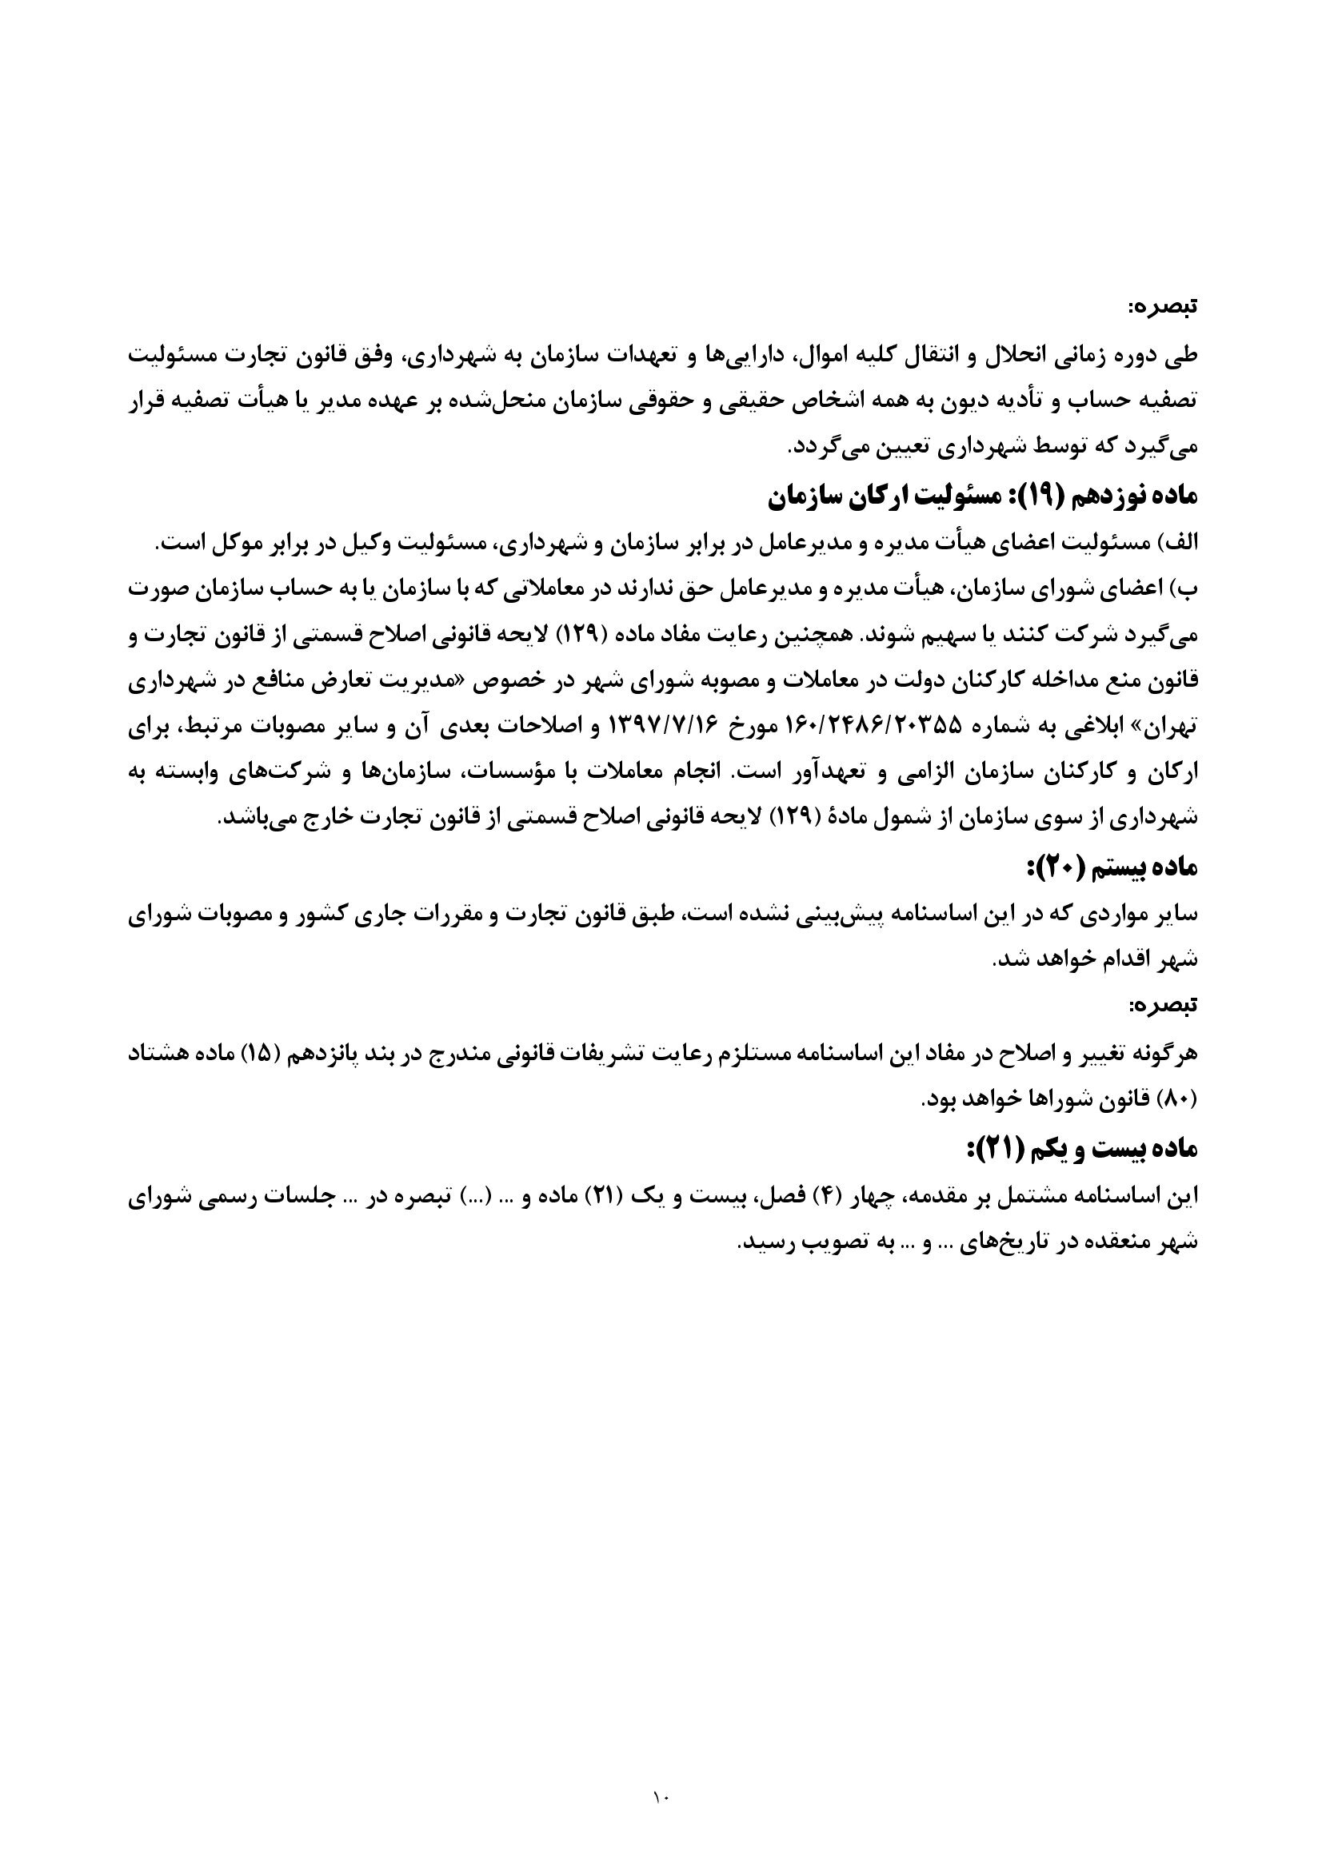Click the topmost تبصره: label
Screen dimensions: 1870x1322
pos(1162,308)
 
